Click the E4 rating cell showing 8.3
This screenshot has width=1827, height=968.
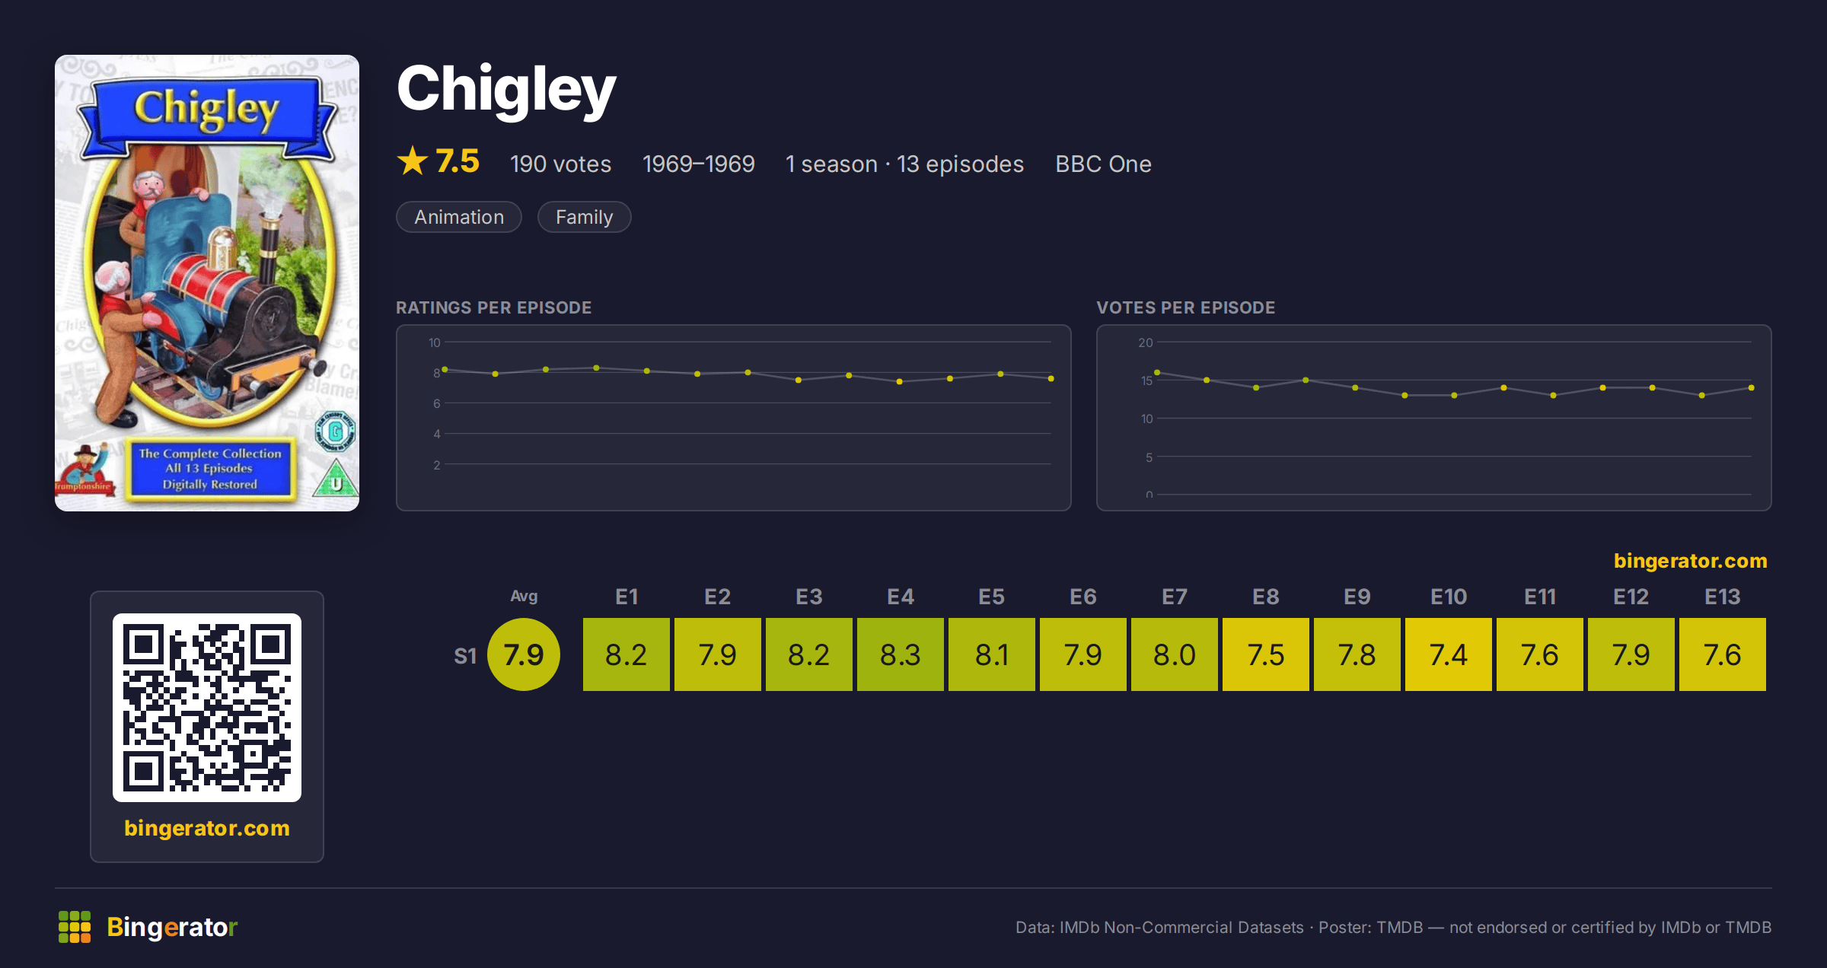pyautogui.click(x=900, y=654)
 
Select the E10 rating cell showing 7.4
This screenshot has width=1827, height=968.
pyautogui.click(x=1448, y=654)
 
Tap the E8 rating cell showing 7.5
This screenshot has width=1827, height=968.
pyautogui.click(x=1265, y=654)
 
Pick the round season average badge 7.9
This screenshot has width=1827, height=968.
pyautogui.click(x=524, y=654)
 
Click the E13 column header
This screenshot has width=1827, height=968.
pyautogui.click(x=1722, y=597)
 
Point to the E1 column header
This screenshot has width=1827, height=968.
pyautogui.click(x=626, y=597)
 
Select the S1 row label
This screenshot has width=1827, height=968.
pyautogui.click(x=464, y=656)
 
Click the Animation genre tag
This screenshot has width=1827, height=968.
pyautogui.click(x=459, y=217)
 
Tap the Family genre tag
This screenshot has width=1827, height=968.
pyautogui.click(x=584, y=217)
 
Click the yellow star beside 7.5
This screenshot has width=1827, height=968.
pyautogui.click(x=413, y=161)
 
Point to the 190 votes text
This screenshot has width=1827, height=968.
pyautogui.click(x=560, y=164)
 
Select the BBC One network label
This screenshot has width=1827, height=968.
pyautogui.click(x=1103, y=164)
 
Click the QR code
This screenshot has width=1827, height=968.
pyautogui.click(x=207, y=708)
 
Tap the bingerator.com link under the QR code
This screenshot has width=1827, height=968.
pyautogui.click(x=207, y=828)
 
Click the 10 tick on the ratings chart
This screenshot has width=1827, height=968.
pyautogui.click(x=434, y=342)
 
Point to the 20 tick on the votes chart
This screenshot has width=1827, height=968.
pyautogui.click(x=1145, y=342)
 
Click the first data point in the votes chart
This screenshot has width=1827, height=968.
pyautogui.click(x=1157, y=372)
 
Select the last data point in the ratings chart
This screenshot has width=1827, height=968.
pyautogui.click(x=1051, y=378)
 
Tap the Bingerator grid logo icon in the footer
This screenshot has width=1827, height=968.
pyautogui.click(x=75, y=927)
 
